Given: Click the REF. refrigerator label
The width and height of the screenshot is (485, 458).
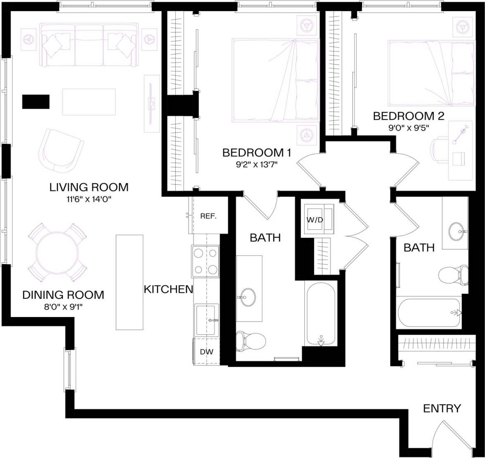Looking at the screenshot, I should pyautogui.click(x=208, y=216).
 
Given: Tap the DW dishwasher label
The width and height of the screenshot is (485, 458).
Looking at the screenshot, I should pyautogui.click(x=206, y=352).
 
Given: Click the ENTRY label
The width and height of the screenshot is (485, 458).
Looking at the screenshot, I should pyautogui.click(x=442, y=408).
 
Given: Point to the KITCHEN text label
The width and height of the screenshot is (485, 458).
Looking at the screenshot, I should pyautogui.click(x=168, y=289).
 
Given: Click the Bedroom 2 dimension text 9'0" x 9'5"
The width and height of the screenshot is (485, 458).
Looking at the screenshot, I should pyautogui.click(x=409, y=128).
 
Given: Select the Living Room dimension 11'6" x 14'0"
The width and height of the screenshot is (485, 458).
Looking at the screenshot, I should pyautogui.click(x=89, y=199).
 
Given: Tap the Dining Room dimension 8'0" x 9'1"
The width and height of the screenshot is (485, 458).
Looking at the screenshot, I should pyautogui.click(x=63, y=307).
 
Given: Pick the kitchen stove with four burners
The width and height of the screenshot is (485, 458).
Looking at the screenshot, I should pyautogui.click(x=205, y=261).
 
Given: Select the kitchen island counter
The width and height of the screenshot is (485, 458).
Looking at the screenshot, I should pyautogui.click(x=129, y=282).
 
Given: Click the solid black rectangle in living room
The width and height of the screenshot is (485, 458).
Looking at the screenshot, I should pyautogui.click(x=36, y=102).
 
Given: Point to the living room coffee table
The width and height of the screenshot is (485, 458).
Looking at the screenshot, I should pyautogui.click(x=89, y=102).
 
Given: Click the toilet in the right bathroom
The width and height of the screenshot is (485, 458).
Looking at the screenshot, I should pyautogui.click(x=453, y=276).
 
